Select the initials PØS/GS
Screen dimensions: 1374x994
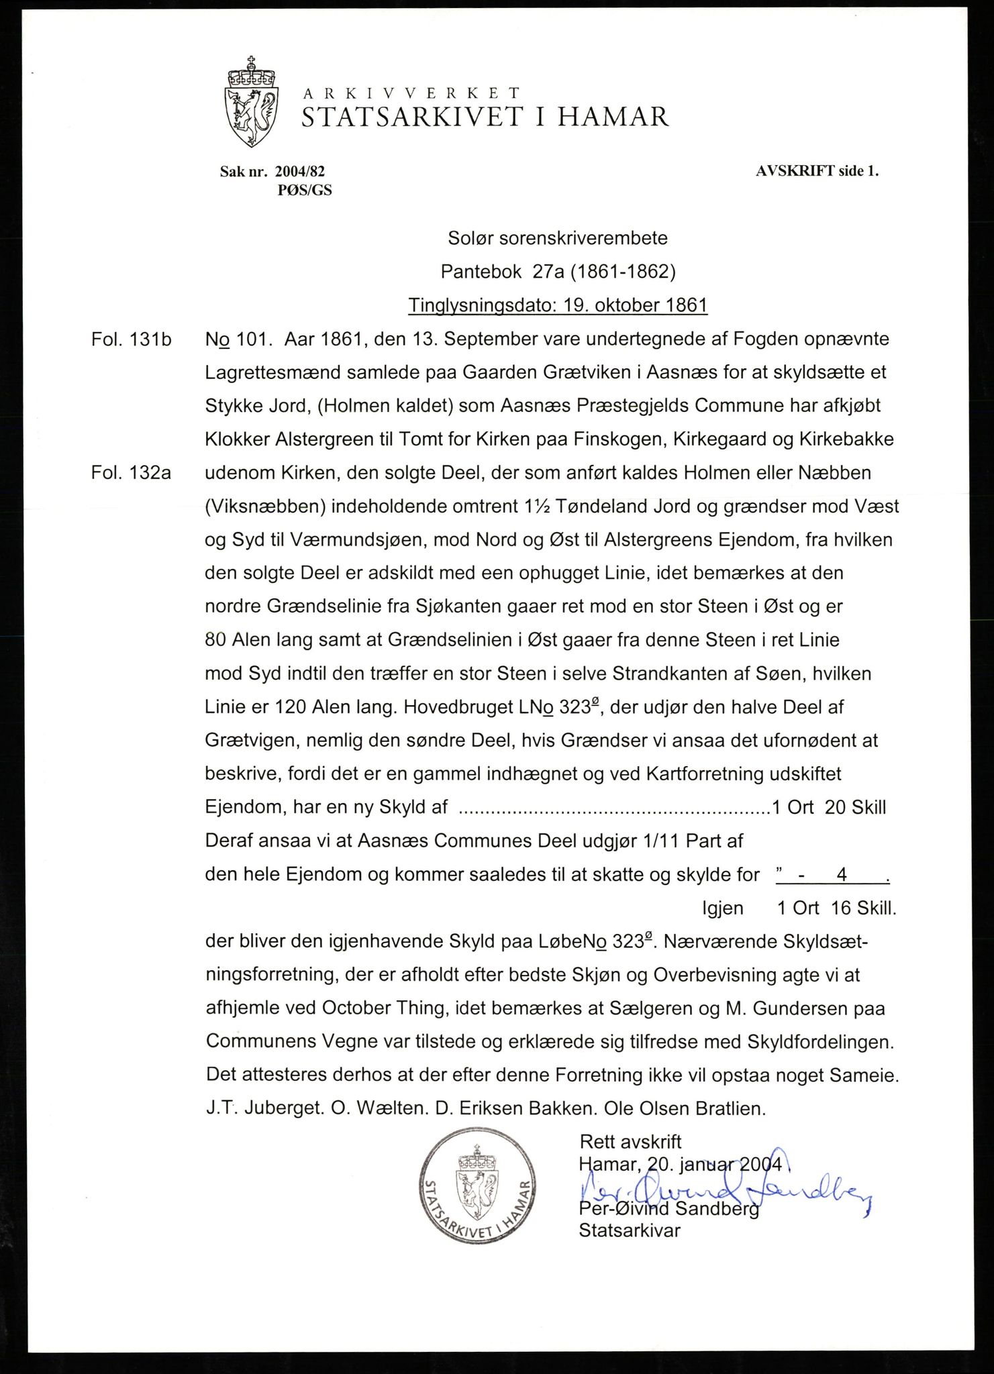[x=305, y=191]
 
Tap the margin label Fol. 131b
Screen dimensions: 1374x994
[x=132, y=339]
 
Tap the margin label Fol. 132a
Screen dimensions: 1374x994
[x=132, y=473]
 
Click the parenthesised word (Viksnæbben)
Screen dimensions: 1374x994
[x=266, y=507]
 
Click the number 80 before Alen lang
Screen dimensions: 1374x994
[x=215, y=640]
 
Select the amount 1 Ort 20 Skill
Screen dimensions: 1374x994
[x=829, y=807]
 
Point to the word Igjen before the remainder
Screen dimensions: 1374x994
[x=723, y=908]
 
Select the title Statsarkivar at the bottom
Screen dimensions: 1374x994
[x=630, y=1230]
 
